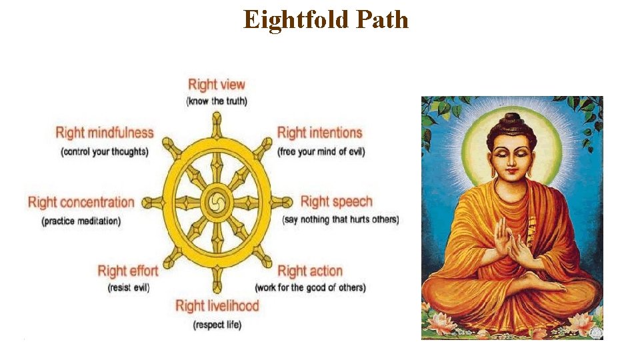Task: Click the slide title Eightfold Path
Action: point(326,19)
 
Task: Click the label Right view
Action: point(217,85)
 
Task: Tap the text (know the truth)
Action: point(217,101)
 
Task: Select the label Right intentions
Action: point(319,133)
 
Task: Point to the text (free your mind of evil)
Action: point(321,151)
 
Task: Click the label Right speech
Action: point(336,201)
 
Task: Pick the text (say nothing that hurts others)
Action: point(341,219)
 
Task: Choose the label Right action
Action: point(310,271)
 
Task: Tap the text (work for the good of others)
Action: point(310,288)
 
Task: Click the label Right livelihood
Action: point(217,306)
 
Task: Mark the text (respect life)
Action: point(217,325)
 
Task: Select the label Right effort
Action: point(128,271)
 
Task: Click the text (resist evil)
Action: point(128,288)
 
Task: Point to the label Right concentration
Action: point(81,202)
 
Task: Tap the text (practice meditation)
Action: point(81,221)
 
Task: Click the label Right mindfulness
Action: point(105,133)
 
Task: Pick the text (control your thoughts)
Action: point(105,151)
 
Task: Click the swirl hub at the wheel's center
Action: point(217,202)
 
